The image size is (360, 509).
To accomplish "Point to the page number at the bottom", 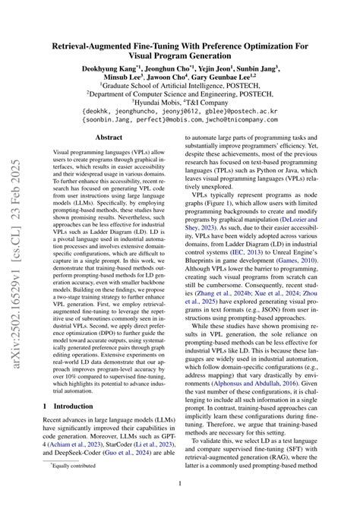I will [x=180, y=483].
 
